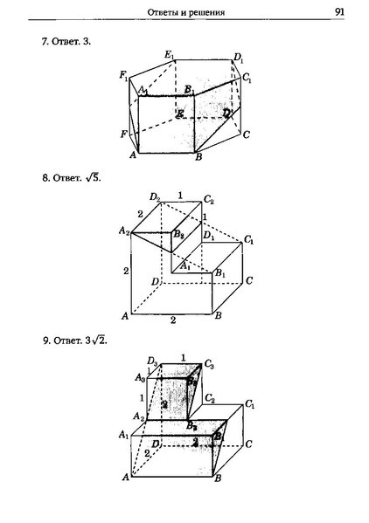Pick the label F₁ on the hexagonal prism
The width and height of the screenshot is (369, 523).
[x=124, y=77]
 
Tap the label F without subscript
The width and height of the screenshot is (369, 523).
[x=124, y=134]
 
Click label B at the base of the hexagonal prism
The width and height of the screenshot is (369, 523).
[x=199, y=157]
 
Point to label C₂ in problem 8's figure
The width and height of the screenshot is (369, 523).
[x=209, y=199]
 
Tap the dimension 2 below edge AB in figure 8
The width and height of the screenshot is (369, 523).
[x=173, y=320]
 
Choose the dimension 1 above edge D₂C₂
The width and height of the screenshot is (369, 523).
[x=180, y=194]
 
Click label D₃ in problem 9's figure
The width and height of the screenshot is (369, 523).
[x=152, y=361]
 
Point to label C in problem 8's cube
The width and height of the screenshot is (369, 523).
[x=249, y=280]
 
